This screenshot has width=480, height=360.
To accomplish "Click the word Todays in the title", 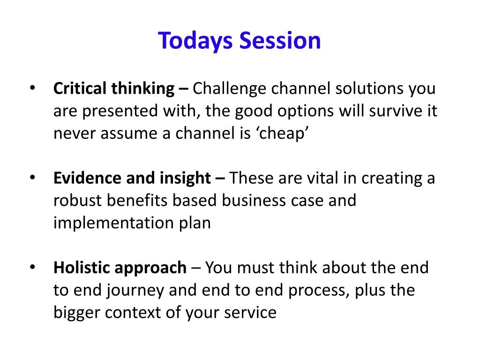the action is coord(195,41).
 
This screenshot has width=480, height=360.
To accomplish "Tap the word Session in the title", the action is coord(280,40).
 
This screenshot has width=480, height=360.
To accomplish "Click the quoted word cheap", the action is coord(282,134).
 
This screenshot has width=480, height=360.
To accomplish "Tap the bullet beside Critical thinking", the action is coord(32,88).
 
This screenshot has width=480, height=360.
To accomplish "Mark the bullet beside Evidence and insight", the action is coord(32,178).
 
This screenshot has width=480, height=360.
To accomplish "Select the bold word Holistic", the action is coord(82,268).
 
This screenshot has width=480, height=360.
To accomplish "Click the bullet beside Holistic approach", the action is coord(32,267).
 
